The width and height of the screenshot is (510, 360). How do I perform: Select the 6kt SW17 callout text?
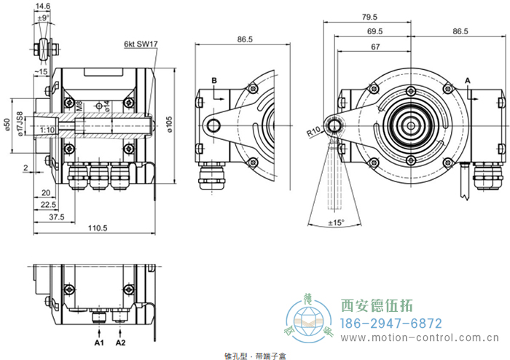(x=141, y=44)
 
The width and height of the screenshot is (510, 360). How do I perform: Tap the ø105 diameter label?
(x=168, y=125)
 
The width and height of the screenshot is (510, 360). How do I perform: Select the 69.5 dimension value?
(x=375, y=32)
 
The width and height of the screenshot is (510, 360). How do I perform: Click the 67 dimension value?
(x=375, y=47)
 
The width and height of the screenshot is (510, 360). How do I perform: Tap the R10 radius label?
(x=314, y=133)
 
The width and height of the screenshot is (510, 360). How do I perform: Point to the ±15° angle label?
(x=336, y=222)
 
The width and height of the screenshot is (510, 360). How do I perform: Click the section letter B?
(x=214, y=79)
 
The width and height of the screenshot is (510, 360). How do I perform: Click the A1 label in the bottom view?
(x=99, y=341)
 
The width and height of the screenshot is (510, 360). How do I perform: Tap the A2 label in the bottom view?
(x=120, y=341)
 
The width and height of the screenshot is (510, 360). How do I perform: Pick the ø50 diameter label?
(x=7, y=125)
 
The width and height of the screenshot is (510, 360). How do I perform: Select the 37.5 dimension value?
(x=56, y=216)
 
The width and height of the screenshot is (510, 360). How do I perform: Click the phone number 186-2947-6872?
(x=392, y=323)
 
